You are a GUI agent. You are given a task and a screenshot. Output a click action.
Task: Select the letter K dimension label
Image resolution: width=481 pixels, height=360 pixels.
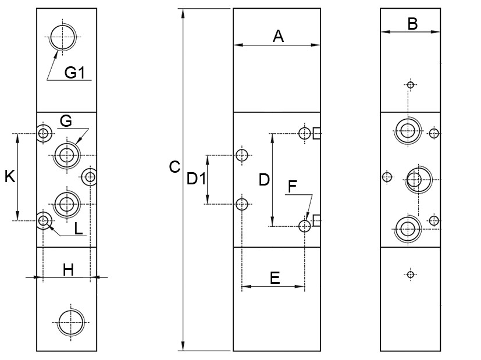point(9,176)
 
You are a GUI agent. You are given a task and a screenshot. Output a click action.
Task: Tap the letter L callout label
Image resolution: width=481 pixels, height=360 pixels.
point(79,229)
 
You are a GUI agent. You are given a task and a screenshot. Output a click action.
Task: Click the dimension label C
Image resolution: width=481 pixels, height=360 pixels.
point(174,167)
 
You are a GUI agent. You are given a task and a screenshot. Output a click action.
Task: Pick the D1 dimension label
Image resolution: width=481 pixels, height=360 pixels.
point(196,180)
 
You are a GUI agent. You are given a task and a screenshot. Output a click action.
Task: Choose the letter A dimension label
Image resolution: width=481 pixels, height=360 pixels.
point(278,37)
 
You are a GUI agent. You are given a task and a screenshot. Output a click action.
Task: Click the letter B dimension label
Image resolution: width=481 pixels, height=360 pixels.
point(412,24)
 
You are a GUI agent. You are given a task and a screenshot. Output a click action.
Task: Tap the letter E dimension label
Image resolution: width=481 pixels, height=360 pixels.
point(275,277)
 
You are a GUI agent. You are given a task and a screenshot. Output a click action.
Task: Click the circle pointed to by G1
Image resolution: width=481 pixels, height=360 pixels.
point(62,38)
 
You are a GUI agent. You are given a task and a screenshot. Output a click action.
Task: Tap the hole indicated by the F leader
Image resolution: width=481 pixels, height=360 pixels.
point(305,226)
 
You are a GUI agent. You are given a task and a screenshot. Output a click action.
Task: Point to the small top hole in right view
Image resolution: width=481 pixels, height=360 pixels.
point(411,85)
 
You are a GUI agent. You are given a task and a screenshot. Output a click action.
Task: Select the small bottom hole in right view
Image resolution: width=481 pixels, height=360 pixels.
point(411,275)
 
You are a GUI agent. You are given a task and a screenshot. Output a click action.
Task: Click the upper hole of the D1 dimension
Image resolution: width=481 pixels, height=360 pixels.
point(243,155)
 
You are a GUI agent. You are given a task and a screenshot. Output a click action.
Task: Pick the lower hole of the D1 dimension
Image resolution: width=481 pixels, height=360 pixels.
point(243,204)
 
